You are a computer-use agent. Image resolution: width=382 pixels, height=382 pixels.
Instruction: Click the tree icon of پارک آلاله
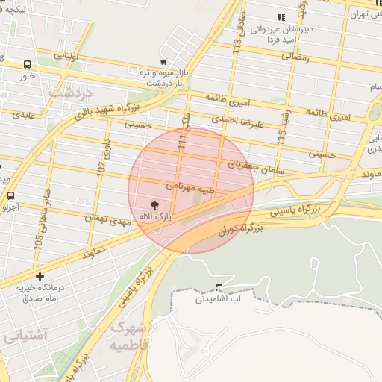pos(154,204)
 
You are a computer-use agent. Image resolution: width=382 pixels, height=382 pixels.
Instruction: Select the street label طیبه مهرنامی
pos(192,184)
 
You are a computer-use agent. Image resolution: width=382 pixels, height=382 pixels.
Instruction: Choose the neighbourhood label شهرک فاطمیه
pos(131,337)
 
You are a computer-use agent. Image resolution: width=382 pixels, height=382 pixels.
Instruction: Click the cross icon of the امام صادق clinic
pos(40,276)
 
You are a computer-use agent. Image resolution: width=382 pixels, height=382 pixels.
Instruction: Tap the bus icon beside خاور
pos(27,64)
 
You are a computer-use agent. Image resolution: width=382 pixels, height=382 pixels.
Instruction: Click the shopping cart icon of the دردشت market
pos(163,62)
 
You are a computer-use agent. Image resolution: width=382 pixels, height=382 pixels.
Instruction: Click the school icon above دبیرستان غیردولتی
pos(281,17)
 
